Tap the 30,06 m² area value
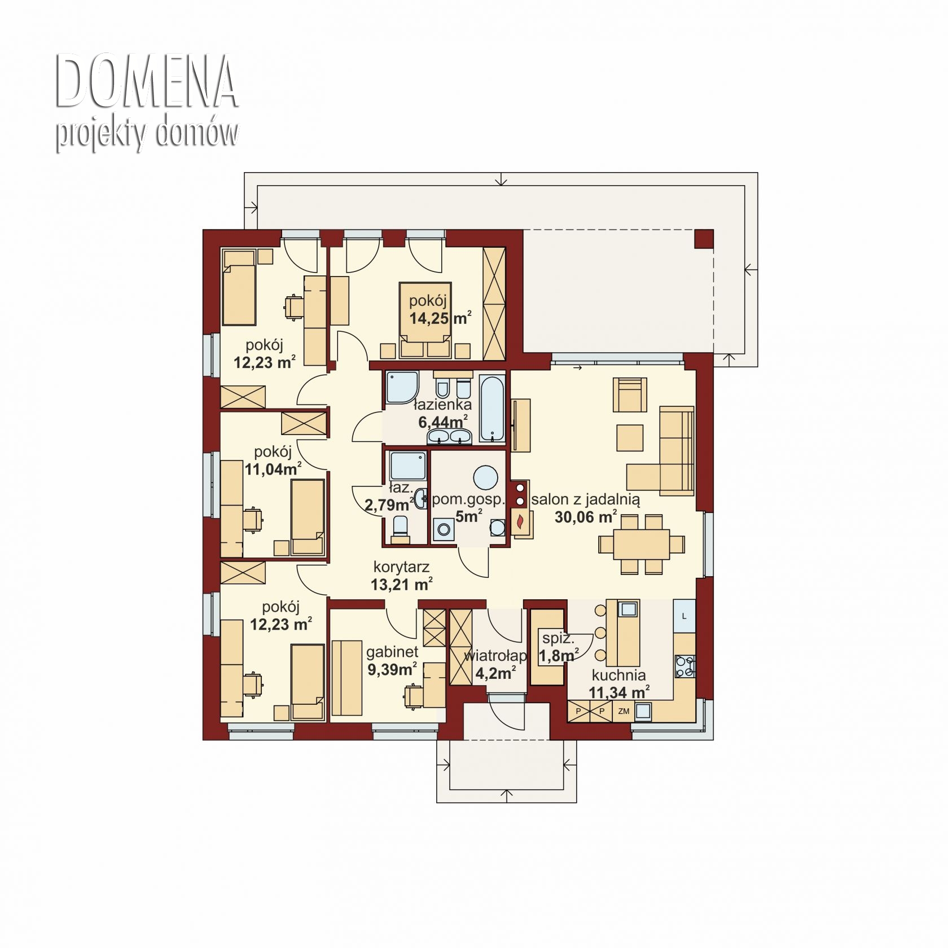point(585,516)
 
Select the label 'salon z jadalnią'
point(586,499)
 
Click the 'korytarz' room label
point(401,567)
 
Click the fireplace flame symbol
point(521,520)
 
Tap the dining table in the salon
point(642,544)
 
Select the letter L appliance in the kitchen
point(684,616)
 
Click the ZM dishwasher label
point(624,711)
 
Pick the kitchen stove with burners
point(685,665)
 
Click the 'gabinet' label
point(392,652)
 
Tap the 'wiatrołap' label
point(495,656)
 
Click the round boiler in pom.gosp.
point(485,477)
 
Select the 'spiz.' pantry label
point(558,639)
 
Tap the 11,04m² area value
point(273,468)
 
